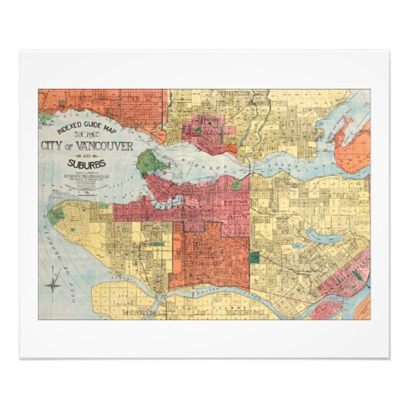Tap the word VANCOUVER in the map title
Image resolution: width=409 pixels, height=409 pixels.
[x=106, y=146]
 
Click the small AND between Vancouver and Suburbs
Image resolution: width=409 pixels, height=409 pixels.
[x=86, y=155]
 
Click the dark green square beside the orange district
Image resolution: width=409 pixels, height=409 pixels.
[x=255, y=257]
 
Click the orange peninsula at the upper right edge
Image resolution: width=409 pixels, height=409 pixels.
[x=353, y=148]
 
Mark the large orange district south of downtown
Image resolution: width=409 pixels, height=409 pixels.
[x=208, y=259]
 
